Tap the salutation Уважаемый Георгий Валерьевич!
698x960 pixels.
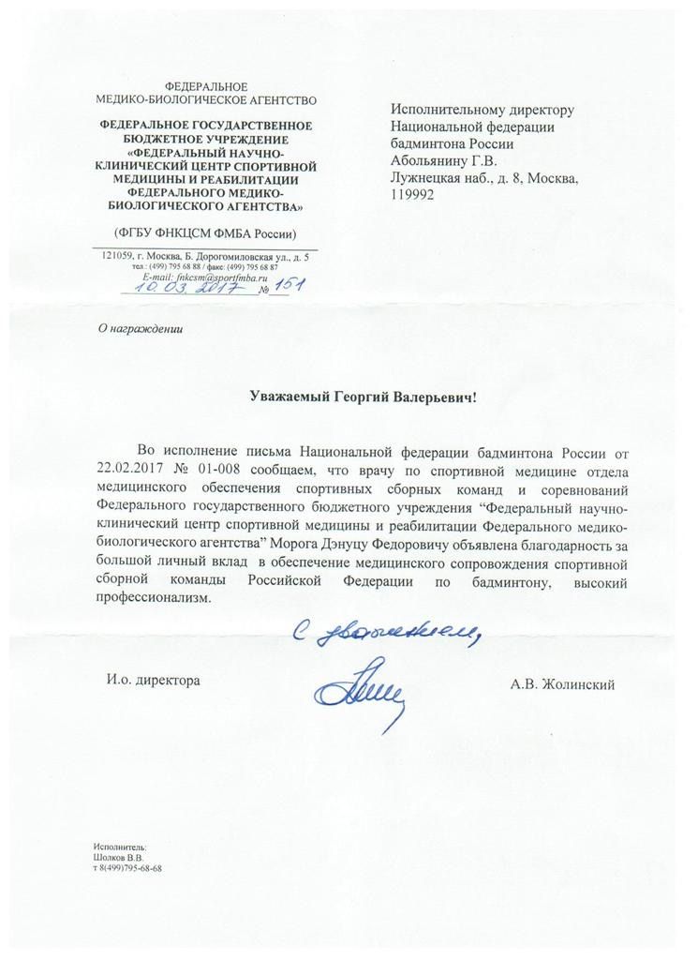click(x=364, y=397)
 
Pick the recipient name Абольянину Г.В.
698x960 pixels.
click(x=450, y=160)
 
